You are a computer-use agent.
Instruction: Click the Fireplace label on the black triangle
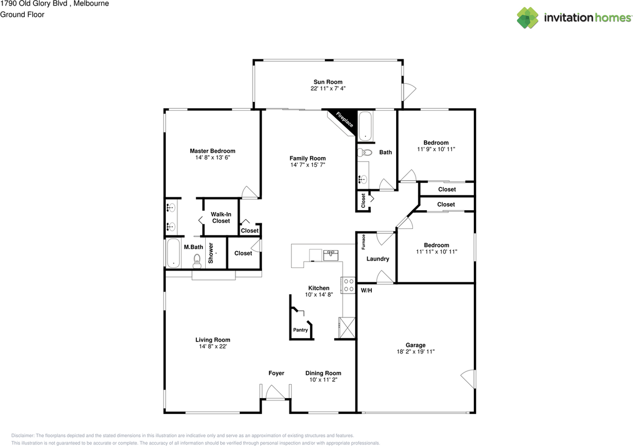coord(345,120)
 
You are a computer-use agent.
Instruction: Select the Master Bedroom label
coord(213,151)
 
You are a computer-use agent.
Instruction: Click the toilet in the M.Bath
coord(197,261)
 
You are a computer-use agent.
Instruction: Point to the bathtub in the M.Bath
coord(173,253)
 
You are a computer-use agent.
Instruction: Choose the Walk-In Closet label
coord(221,218)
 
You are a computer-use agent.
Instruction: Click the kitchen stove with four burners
coord(348,285)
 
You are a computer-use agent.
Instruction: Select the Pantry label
coord(300,330)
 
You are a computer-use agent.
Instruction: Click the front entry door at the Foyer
coord(275,393)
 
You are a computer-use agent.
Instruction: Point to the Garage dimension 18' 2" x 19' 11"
coord(415,352)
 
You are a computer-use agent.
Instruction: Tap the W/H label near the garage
coord(366,290)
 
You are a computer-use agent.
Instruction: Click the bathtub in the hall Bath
coord(365,126)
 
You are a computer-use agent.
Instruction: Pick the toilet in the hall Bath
coord(364,152)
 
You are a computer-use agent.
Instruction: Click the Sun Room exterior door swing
coord(409,91)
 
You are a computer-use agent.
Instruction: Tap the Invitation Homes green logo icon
coord(528,18)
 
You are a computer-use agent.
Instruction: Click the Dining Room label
coord(323,373)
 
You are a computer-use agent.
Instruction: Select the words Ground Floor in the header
coord(22,14)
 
